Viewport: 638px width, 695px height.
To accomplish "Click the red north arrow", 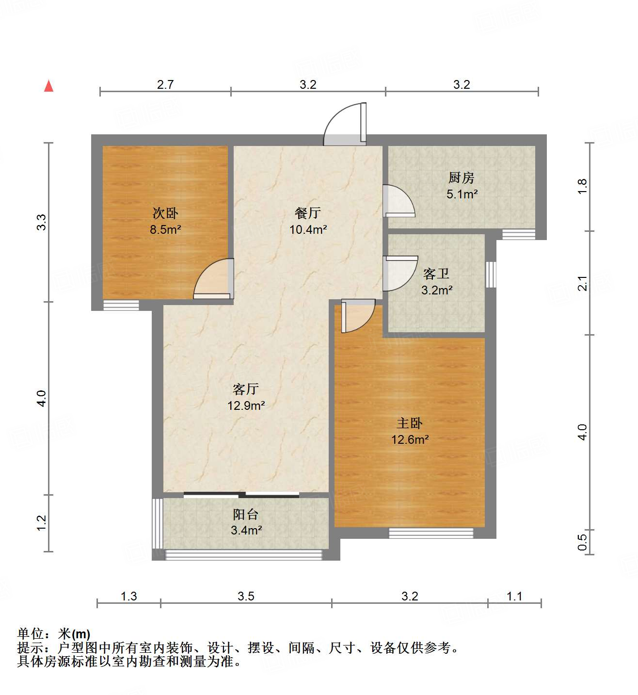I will tap(48, 86).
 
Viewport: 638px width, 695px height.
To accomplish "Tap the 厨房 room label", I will tap(461, 178).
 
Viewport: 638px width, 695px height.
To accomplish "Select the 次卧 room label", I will tap(165, 213).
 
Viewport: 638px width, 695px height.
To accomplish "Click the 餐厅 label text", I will tap(308, 213).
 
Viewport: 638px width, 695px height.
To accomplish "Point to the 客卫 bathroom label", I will tap(436, 274).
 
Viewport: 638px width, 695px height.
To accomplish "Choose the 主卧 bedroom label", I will tap(410, 423).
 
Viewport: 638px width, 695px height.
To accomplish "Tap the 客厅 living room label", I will tap(246, 389).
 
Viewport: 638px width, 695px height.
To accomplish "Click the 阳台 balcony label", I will tap(246, 514).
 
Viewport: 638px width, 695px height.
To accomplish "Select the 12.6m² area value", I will tap(410, 440).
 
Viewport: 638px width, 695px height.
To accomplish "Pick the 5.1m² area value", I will tap(462, 194).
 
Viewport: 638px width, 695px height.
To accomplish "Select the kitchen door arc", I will tap(398, 200).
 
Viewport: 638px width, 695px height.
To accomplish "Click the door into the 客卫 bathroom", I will tap(399, 273).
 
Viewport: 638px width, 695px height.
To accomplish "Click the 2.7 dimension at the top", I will tap(165, 84).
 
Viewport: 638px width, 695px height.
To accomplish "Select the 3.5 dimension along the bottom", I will tap(246, 596).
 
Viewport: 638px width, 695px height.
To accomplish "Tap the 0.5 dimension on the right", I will tap(582, 541).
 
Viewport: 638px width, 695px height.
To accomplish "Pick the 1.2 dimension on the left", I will tap(41, 522).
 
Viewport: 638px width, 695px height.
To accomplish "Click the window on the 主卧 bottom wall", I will tap(431, 533).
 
